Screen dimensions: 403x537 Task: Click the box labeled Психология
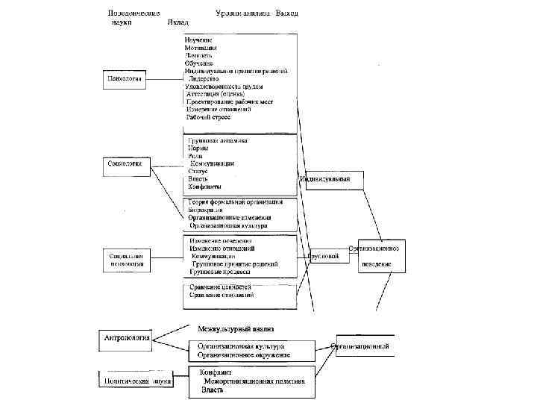point(123,78)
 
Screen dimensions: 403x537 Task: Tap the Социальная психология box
point(126,259)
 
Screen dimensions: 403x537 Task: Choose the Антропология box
point(126,337)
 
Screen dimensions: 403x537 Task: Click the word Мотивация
point(201,47)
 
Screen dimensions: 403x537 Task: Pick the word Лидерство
point(204,78)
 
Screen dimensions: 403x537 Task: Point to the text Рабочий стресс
point(208,117)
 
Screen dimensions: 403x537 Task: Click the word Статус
point(198,171)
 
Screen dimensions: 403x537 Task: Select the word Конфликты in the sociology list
point(204,187)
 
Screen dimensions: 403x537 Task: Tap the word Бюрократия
point(206,210)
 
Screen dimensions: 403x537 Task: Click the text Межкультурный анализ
point(236,328)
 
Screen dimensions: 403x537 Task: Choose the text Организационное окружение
point(243,355)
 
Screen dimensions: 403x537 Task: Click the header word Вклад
point(178,22)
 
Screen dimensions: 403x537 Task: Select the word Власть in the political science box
point(212,390)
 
